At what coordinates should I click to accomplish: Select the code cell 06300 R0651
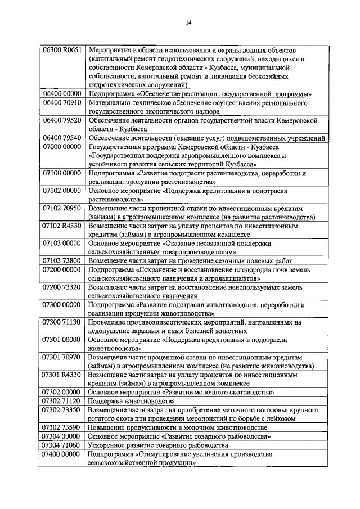(62, 50)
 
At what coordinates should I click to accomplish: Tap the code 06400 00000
(62, 93)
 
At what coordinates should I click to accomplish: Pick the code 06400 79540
(62, 138)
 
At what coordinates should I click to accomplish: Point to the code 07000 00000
(62, 147)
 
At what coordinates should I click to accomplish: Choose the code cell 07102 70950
(62, 208)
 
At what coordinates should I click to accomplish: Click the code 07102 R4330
(62, 226)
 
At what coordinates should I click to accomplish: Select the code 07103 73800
(62, 261)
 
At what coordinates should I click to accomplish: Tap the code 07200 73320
(62, 287)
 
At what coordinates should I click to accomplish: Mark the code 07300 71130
(62, 322)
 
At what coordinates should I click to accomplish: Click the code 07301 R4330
(62, 374)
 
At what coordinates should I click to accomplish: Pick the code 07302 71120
(62, 401)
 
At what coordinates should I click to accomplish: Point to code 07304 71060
(62, 444)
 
